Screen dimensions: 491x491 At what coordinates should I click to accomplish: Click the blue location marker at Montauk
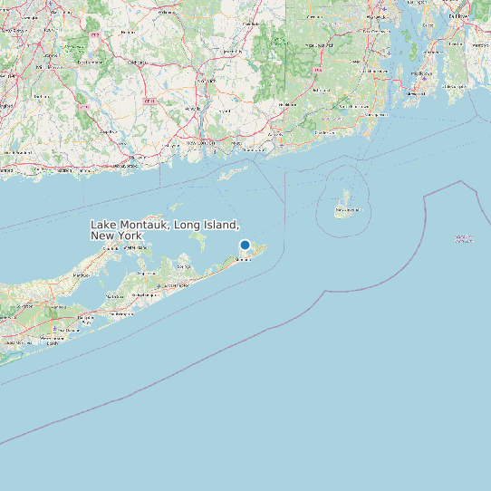[x=245, y=245]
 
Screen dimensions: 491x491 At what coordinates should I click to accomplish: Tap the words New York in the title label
[x=117, y=236]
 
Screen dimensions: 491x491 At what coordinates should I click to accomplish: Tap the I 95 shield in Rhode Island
[x=318, y=70]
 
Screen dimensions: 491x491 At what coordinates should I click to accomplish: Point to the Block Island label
[x=344, y=211]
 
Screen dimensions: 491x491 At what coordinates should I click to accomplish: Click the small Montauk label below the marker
[x=242, y=259]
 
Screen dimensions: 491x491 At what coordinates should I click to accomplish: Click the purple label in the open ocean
[x=464, y=239]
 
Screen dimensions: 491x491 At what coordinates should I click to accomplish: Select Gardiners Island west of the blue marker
[x=198, y=240]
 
